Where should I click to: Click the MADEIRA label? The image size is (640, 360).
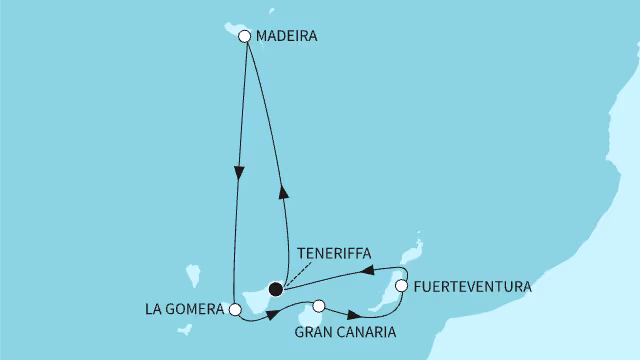coord(287,36)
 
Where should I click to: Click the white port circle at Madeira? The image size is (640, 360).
coord(244,36)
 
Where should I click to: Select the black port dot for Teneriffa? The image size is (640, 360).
coord(276,288)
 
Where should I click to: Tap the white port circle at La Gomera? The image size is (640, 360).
coord(234,310)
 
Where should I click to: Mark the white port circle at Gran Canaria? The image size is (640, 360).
coord(319,306)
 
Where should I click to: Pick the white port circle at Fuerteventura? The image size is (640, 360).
coord(401,286)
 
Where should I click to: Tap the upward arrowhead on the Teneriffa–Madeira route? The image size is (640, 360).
coord(283,193)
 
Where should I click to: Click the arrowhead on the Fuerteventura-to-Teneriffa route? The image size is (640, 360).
coord(365,271)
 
